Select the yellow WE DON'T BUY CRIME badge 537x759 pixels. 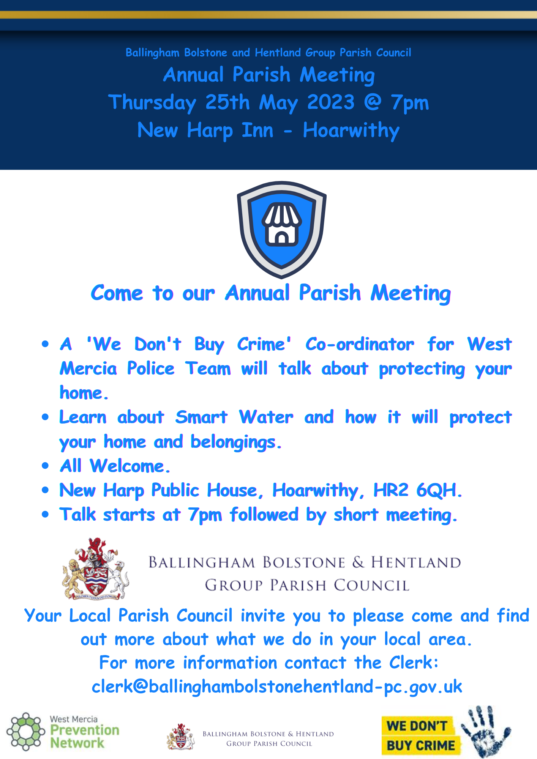[x=421, y=735]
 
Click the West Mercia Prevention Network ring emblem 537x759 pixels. [x=25, y=731]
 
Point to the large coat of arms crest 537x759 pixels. [x=96, y=569]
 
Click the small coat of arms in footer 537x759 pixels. [x=181, y=737]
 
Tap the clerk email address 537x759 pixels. [x=277, y=687]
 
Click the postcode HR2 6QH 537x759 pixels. [x=418, y=490]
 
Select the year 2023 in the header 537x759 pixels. [x=331, y=102]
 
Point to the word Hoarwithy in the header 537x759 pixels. [x=351, y=131]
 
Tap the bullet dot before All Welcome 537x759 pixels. [x=46, y=466]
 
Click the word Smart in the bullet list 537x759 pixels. [x=201, y=417]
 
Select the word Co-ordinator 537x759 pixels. [x=360, y=344]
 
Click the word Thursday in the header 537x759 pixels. [x=152, y=103]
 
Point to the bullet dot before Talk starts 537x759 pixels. [x=46, y=515]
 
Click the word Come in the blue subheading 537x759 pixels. [x=117, y=293]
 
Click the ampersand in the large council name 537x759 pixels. [x=358, y=562]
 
